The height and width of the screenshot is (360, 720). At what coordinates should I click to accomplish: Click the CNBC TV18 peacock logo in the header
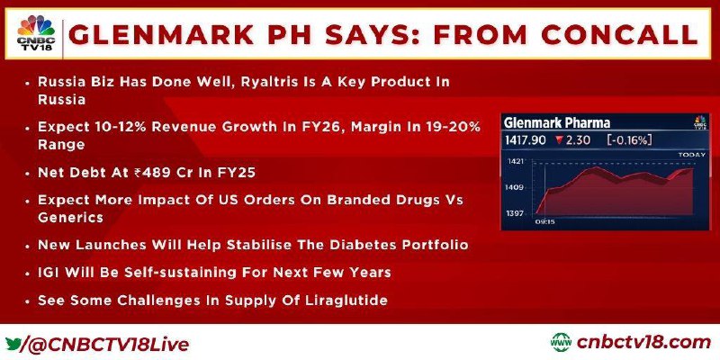pyautogui.click(x=36, y=33)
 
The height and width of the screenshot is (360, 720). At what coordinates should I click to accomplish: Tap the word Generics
pyautogui.click(x=71, y=217)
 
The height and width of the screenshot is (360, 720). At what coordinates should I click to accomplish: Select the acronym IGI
pyautogui.click(x=49, y=273)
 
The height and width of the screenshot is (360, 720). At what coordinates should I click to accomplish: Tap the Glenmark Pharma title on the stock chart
pyautogui.click(x=557, y=122)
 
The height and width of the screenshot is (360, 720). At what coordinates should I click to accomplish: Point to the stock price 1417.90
pyautogui.click(x=526, y=140)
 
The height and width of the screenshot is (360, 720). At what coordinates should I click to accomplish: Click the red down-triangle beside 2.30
pyautogui.click(x=558, y=140)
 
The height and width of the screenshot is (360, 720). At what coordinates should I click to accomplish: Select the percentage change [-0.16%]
pyautogui.click(x=628, y=140)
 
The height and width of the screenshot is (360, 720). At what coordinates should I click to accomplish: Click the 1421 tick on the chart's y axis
pyautogui.click(x=514, y=161)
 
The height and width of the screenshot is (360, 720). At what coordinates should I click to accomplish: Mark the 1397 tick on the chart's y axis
pyautogui.click(x=514, y=213)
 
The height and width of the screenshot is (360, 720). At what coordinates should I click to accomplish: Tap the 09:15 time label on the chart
pyautogui.click(x=544, y=221)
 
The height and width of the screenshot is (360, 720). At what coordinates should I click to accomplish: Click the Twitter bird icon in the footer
pyautogui.click(x=13, y=344)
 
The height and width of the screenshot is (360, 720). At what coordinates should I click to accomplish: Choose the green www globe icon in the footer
pyautogui.click(x=561, y=343)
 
